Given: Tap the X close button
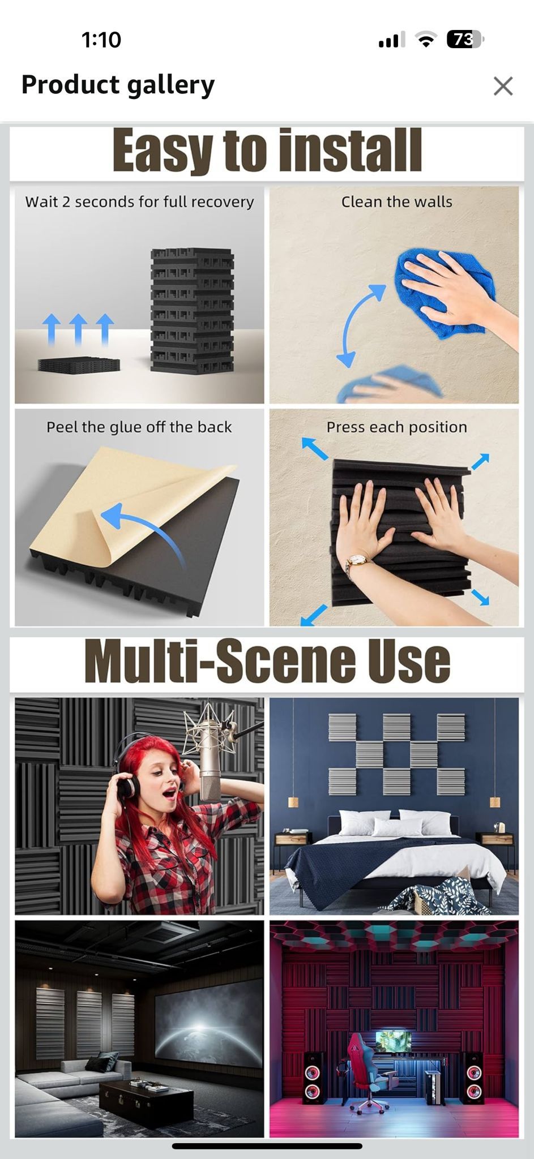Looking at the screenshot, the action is click(x=503, y=87).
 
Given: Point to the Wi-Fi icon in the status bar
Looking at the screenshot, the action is click(x=425, y=39).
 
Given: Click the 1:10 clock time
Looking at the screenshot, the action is click(x=101, y=40).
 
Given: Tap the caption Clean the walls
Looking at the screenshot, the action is click(x=396, y=202).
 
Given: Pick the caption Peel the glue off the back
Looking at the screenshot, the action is click(x=139, y=427).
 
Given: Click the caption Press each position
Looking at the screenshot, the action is click(x=396, y=427).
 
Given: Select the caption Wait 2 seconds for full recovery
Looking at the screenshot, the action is click(x=139, y=202).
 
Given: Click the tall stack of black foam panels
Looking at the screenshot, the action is click(x=192, y=310).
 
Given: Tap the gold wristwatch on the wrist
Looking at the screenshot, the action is click(x=357, y=560).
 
